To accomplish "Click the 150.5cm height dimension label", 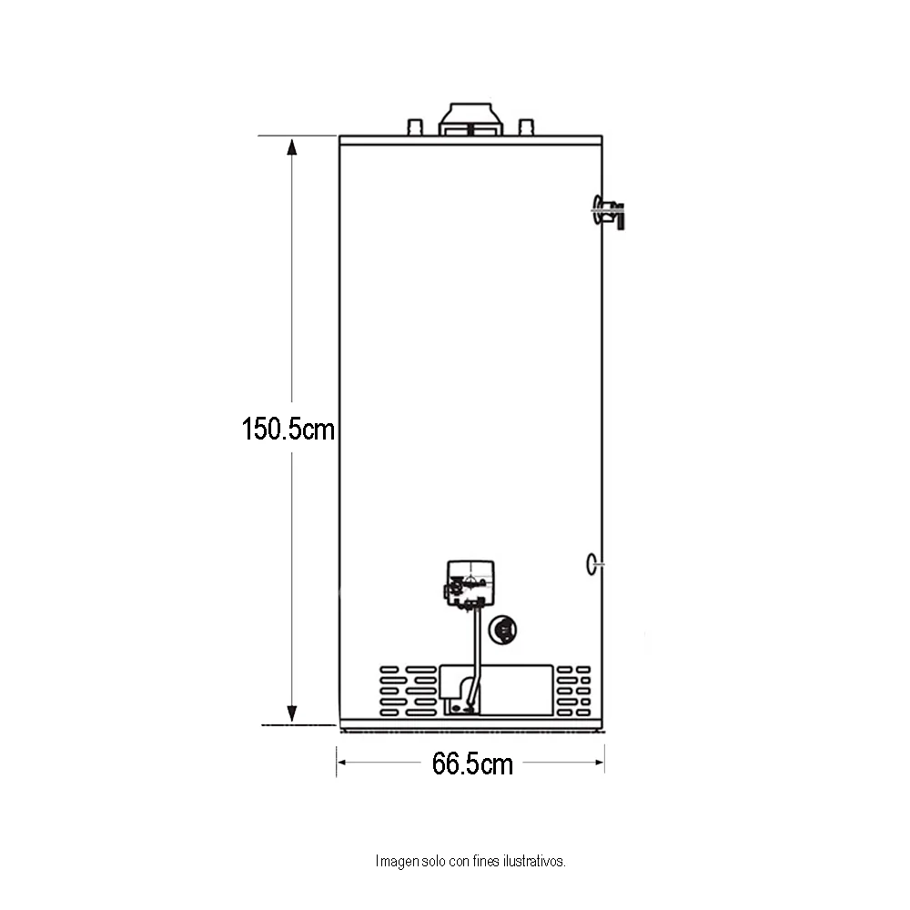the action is coord(288,430).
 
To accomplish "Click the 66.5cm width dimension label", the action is coord(472,763).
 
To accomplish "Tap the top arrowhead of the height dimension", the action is coord(292,147).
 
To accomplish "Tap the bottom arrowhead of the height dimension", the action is coord(292,713).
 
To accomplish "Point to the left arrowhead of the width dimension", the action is coord(342,762).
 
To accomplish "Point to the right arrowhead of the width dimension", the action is coord(600,762).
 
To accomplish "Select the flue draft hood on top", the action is coord(470,119).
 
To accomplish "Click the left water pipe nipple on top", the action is coord(416,127).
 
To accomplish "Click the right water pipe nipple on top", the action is coord(526,127).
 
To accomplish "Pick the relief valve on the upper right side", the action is coord(609,212).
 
